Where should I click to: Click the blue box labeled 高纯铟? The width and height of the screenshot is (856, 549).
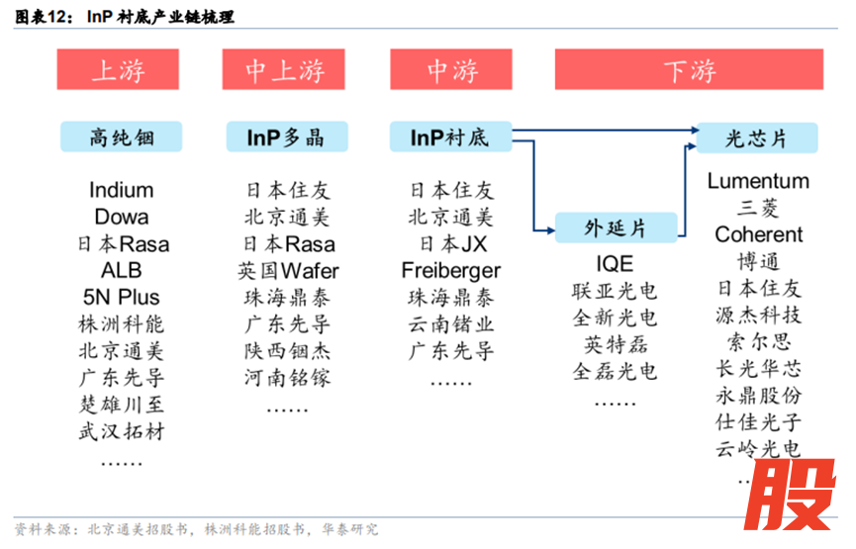[x=122, y=137]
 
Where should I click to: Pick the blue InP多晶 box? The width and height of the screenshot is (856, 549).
[x=286, y=137]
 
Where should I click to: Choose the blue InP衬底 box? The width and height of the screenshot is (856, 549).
[x=449, y=137]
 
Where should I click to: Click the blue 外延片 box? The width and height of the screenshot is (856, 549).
[x=615, y=229]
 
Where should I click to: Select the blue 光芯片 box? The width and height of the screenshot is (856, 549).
[x=756, y=137]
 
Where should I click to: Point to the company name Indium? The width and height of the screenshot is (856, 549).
[x=122, y=190]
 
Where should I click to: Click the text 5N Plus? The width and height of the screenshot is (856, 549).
[x=122, y=297]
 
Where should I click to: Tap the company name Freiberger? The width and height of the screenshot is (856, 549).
[x=451, y=270]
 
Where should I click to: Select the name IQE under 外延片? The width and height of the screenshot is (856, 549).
[x=615, y=264]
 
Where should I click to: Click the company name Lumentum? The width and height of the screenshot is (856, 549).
[x=758, y=181]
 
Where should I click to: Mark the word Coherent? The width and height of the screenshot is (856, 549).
[x=758, y=234]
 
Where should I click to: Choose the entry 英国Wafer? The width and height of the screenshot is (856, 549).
[x=288, y=270]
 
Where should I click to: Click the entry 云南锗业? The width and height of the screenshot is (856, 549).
[x=450, y=323]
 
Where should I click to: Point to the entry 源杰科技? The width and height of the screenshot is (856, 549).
[x=758, y=316]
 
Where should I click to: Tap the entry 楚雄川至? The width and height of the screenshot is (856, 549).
[x=122, y=404]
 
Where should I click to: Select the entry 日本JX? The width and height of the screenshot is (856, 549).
[x=451, y=243]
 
